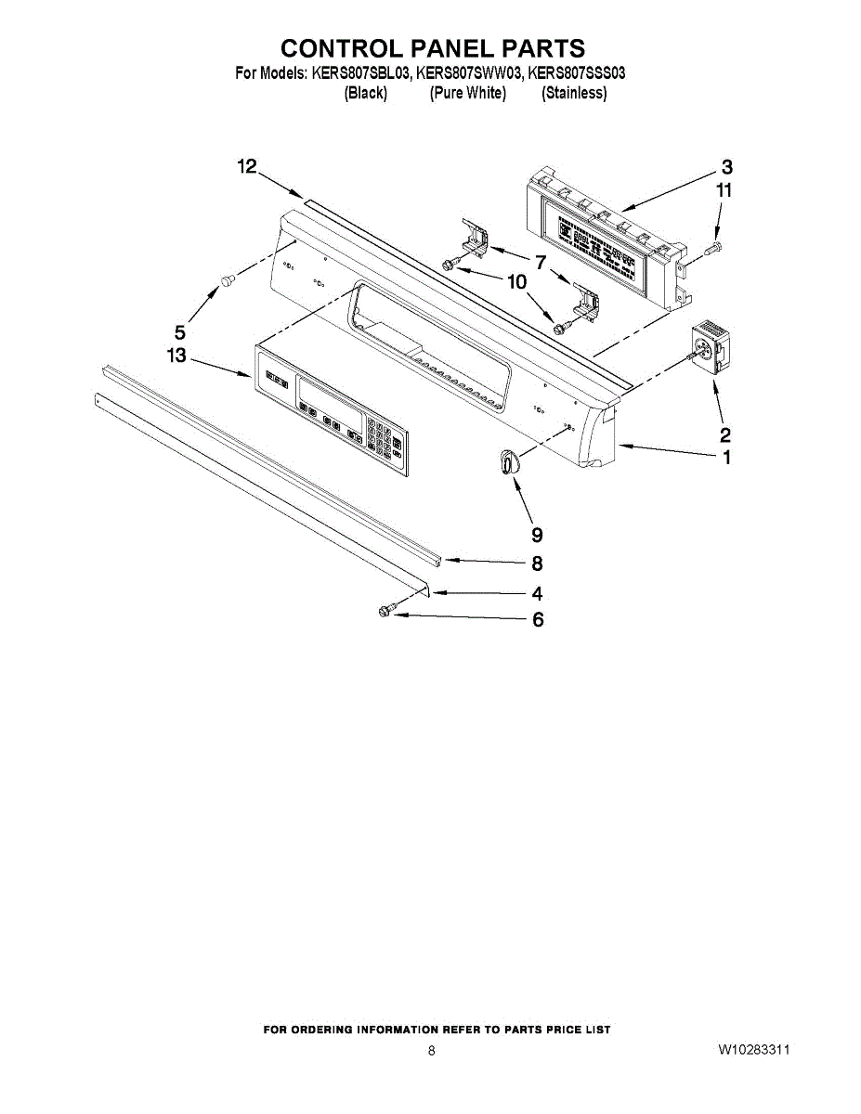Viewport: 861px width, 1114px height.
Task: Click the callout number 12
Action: point(246,167)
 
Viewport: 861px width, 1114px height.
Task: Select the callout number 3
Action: point(726,167)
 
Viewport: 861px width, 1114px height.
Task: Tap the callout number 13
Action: point(176,356)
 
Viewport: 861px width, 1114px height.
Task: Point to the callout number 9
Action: point(537,535)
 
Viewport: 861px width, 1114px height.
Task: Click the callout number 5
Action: point(180,331)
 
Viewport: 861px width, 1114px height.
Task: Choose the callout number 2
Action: point(725,434)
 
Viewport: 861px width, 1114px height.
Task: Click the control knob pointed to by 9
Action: point(506,461)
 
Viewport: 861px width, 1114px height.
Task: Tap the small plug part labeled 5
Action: point(225,279)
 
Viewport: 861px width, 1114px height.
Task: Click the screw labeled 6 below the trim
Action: point(385,610)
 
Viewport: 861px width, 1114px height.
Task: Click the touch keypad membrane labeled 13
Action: point(333,409)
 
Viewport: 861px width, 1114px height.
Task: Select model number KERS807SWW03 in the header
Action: point(469,73)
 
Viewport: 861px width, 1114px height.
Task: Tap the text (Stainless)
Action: point(574,93)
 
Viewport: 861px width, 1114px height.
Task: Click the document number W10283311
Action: point(753,1050)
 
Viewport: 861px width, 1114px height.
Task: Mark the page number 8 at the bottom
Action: point(431,1051)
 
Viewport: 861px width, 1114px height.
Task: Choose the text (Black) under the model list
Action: point(365,93)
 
